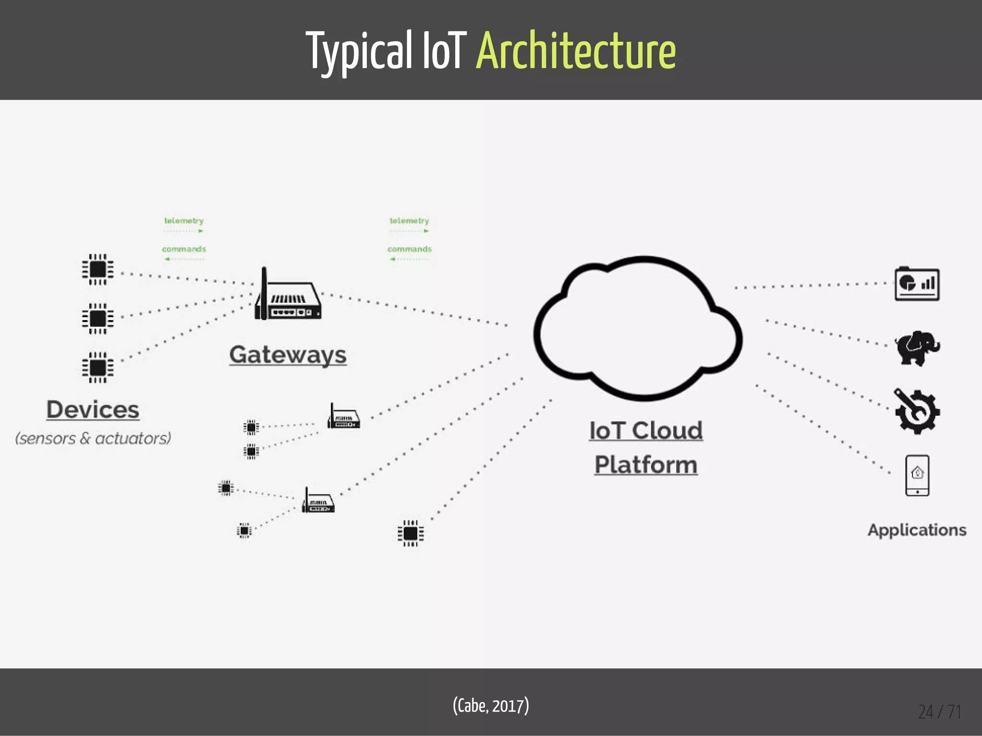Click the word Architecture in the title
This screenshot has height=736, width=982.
click(x=576, y=50)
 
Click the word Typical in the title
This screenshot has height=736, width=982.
click(x=359, y=50)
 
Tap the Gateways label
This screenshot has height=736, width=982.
click(x=288, y=355)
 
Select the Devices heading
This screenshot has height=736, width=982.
click(x=93, y=410)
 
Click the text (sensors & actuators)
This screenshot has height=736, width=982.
click(x=93, y=438)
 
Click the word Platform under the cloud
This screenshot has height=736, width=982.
click(x=646, y=465)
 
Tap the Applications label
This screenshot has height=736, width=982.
click(x=917, y=530)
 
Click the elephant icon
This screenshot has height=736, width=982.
click(x=917, y=348)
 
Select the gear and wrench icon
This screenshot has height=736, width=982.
click(x=917, y=412)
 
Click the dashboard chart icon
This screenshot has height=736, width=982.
click(x=917, y=284)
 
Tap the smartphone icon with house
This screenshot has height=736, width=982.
click(x=917, y=475)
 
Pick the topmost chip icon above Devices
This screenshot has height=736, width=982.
click(x=98, y=269)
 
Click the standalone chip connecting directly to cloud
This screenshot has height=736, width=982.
click(x=410, y=533)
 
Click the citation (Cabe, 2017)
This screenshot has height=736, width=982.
click(x=491, y=706)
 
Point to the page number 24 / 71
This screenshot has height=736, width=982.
click(x=939, y=712)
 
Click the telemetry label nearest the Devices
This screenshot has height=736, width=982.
click(x=184, y=221)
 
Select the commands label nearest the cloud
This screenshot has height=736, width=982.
click(x=409, y=249)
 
